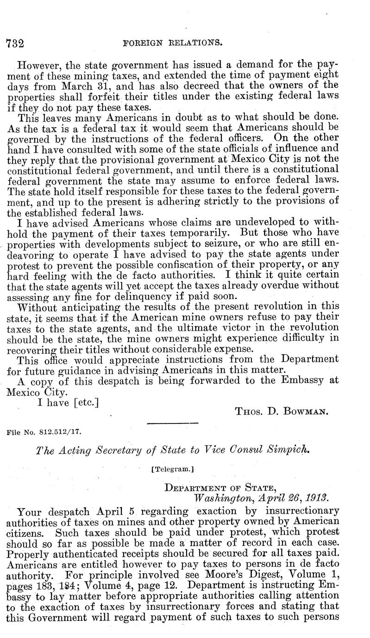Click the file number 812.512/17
(60, 432)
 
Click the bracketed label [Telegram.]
(172, 468)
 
